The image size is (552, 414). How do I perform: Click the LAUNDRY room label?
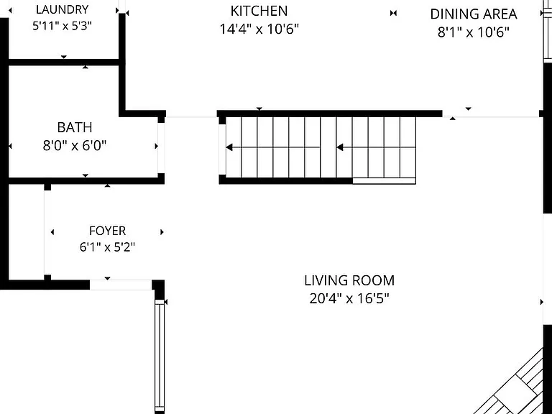point(62,9)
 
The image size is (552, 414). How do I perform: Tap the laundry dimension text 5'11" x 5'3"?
point(62,26)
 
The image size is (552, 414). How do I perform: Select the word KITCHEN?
point(259,11)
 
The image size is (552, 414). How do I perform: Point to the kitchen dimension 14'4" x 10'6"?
point(259,29)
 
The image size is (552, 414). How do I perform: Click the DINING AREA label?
point(474,14)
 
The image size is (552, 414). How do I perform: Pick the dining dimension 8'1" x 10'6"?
point(474,32)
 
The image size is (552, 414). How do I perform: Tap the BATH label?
point(75,127)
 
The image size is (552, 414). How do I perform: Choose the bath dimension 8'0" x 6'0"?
point(75,145)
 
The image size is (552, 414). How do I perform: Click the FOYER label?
point(107,231)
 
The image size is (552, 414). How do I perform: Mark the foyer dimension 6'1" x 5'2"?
point(107,247)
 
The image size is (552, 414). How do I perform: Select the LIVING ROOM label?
point(349,280)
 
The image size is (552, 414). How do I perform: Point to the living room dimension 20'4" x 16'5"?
point(349,298)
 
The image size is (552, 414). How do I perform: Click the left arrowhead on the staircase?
point(229,147)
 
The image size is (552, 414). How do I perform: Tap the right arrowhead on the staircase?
point(340,147)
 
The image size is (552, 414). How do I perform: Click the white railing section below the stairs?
point(384,181)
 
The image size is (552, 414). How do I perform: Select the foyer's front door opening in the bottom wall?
point(121,285)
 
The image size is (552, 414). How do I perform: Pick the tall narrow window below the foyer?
point(160,356)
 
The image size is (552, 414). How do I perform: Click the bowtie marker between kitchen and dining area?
point(394,13)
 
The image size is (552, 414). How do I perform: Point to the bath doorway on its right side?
point(161,148)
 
